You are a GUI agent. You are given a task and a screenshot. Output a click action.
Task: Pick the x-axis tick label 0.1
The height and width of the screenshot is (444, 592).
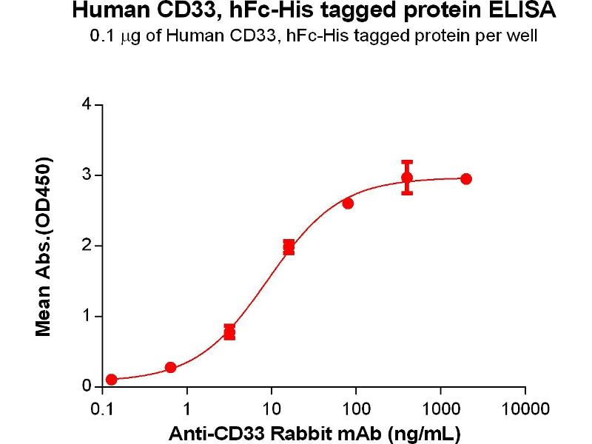102,408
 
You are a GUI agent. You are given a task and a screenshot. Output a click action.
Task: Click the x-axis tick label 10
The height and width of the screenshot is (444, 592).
272,408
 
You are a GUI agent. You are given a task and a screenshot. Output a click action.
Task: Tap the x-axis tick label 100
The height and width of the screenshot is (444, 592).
356,408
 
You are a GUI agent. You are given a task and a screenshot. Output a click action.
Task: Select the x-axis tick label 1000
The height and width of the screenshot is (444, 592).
440,408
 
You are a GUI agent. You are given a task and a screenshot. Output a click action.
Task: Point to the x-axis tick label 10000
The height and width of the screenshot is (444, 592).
525,408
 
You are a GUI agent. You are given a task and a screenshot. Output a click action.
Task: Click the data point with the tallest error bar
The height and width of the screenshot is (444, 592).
407,178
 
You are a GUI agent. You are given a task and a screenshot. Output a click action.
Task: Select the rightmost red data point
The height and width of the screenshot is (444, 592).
465,179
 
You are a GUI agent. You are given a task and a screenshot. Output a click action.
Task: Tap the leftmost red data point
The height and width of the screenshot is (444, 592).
111,380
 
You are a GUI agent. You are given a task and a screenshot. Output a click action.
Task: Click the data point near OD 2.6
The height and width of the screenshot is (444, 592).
348,203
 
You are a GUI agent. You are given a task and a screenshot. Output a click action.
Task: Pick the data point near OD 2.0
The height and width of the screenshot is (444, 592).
289,246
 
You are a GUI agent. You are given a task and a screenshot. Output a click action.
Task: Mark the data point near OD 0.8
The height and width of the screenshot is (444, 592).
229,332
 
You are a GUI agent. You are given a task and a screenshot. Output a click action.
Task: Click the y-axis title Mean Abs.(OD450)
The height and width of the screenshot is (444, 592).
44,246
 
